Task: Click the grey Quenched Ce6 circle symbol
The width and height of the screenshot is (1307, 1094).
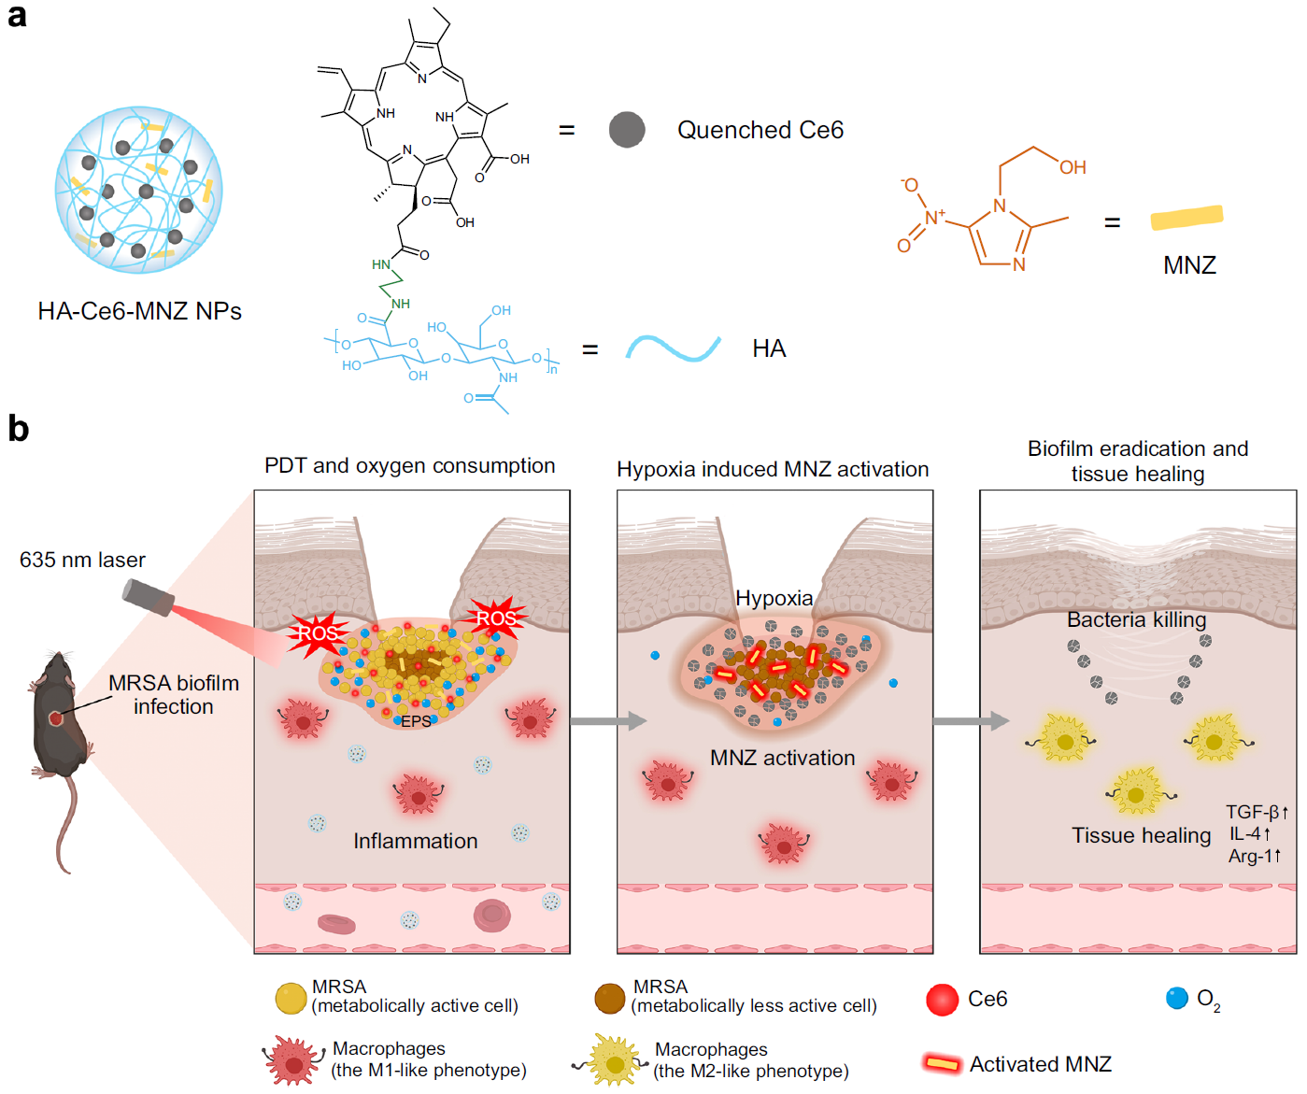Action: point(627,130)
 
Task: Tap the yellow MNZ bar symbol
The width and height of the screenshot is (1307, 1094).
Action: point(1186,218)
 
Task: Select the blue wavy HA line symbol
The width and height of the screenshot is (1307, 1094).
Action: point(673,348)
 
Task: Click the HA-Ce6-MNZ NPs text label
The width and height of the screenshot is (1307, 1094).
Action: point(139,311)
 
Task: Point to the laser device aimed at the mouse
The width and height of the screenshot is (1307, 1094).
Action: point(148,597)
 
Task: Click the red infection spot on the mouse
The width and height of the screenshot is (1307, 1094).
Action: point(56,718)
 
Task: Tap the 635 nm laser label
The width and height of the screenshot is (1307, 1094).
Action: point(82,560)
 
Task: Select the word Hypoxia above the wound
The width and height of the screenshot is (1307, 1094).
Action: point(774,598)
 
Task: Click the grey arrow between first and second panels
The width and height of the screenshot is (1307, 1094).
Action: point(608,720)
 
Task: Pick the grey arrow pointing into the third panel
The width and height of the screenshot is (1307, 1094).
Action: point(971,720)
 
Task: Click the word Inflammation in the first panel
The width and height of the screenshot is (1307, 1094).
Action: point(415,841)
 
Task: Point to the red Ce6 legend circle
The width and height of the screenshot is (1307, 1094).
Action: point(942,1000)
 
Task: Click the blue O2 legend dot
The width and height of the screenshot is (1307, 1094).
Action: point(1177,998)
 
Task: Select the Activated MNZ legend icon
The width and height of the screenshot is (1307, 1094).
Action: point(942,1063)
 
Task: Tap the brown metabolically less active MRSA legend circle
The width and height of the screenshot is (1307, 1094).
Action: point(609,998)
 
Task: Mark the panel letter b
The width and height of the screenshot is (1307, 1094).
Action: point(19,429)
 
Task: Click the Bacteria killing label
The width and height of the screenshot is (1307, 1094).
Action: point(1136,619)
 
